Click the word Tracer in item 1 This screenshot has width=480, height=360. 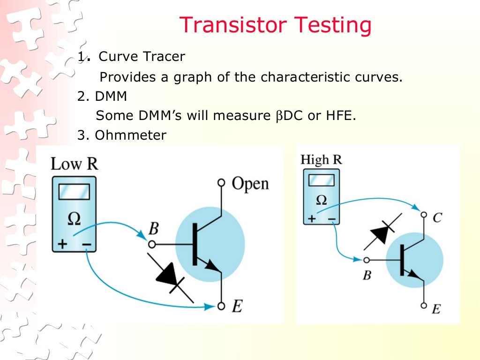pos(165,57)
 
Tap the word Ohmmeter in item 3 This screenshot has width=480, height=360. pos(130,135)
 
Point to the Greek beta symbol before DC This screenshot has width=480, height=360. pos(275,116)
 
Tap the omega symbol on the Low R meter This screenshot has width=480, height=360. pos(74,218)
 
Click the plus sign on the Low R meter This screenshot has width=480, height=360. pos(62,244)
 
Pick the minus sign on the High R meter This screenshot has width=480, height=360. pos(331,218)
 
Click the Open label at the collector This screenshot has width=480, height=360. pos(250,183)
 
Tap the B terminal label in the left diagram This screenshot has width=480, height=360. pos(153,229)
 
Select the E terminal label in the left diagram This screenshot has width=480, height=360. pos(237,307)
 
